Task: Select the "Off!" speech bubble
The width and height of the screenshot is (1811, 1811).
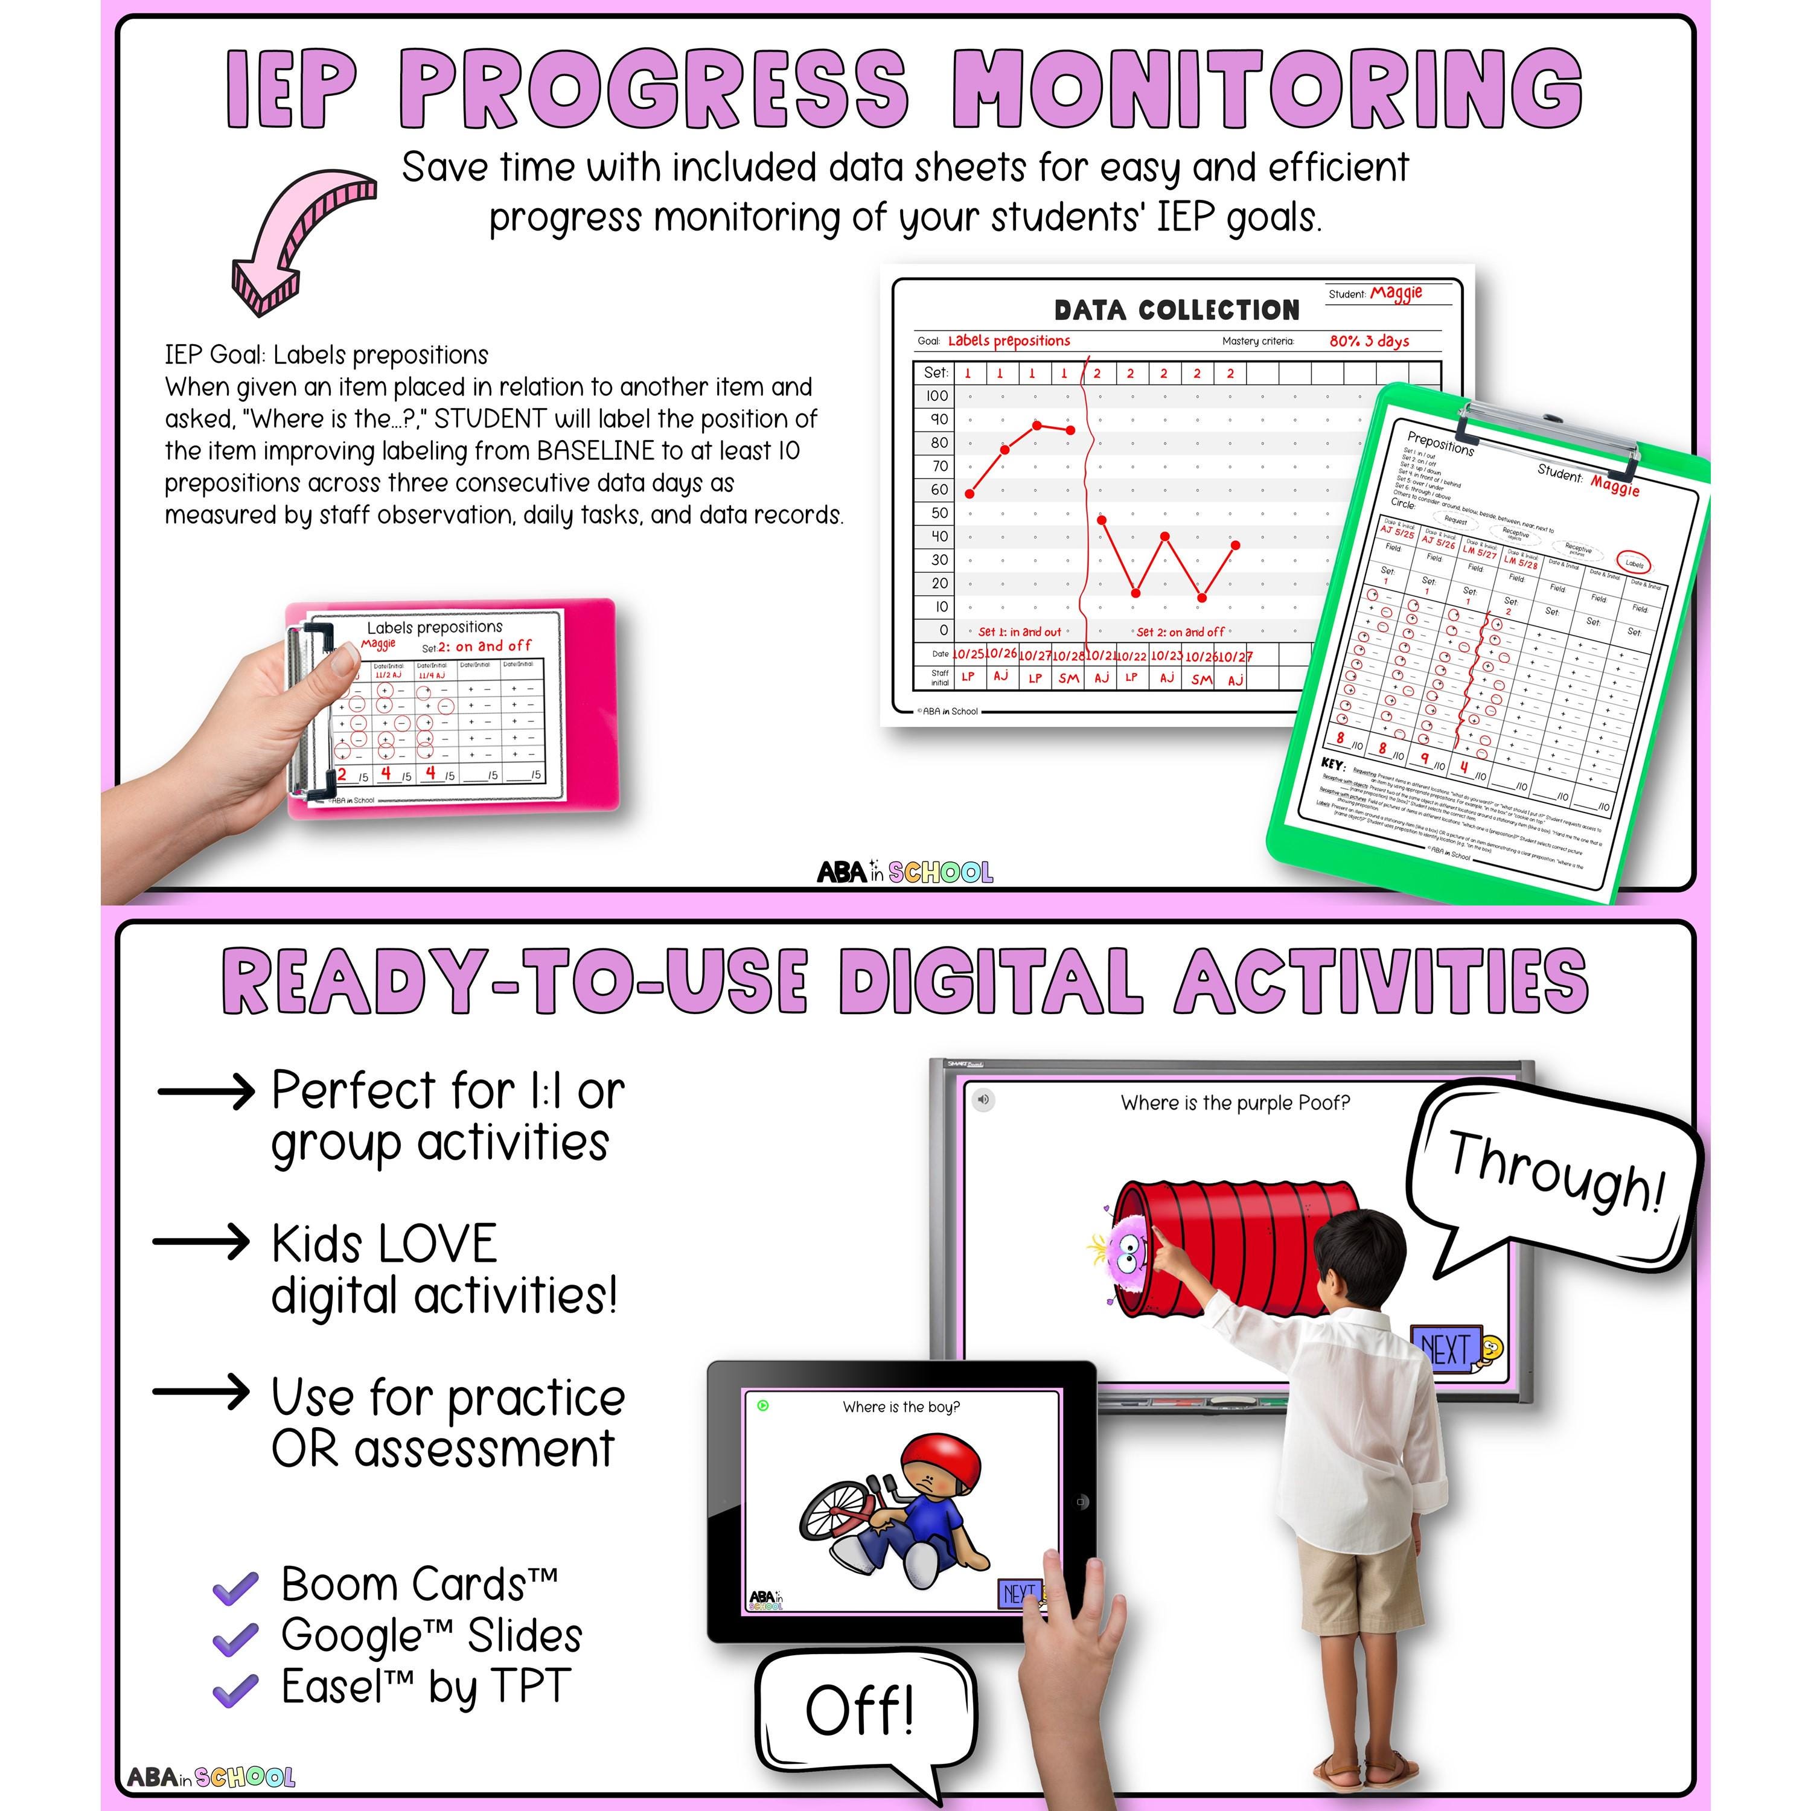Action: pos(860,1711)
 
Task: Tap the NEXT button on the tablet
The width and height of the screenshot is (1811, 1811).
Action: pos(1019,1594)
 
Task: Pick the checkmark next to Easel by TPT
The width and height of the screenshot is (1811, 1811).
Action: pos(235,1689)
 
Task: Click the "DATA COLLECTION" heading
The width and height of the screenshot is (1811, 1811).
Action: pos(1177,310)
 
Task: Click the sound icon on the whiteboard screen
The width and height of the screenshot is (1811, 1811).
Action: pos(982,1099)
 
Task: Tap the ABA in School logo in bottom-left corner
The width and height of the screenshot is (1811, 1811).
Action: pos(211,1777)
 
